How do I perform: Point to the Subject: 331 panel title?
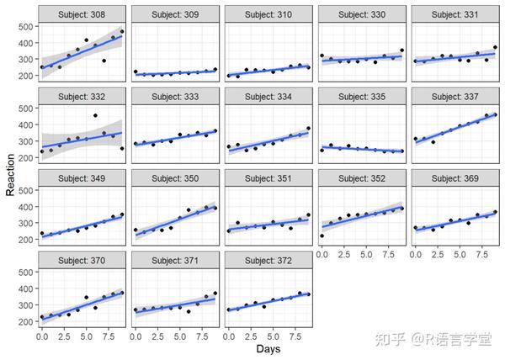pos(454,14)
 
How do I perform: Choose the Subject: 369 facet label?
pos(454,177)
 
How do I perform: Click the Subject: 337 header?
pos(454,94)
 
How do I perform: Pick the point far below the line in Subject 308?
pos(104,61)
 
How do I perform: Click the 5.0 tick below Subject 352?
pos(366,254)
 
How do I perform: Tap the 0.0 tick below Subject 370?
pos(42,336)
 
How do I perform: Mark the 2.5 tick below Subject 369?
pos(436,254)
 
